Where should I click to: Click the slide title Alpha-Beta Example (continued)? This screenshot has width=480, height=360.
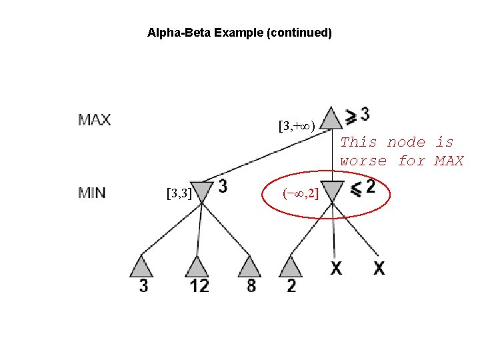[239, 32]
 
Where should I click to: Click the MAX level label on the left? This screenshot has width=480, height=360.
[95, 121]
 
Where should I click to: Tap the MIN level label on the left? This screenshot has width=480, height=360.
[92, 193]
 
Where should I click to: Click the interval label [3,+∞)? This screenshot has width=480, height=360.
[297, 125]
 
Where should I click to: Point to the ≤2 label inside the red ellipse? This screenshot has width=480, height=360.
[363, 188]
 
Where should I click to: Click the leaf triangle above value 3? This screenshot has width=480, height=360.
[142, 266]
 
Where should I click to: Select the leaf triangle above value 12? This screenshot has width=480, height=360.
[197, 266]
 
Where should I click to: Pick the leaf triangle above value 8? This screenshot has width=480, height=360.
[249, 266]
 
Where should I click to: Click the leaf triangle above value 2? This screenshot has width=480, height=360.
[291, 266]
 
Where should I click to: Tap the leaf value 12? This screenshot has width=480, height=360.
[199, 286]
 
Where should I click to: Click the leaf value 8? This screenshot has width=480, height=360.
[251, 286]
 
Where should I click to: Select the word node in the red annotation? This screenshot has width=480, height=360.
[405, 142]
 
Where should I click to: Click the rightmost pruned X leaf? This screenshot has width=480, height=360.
[379, 268]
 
